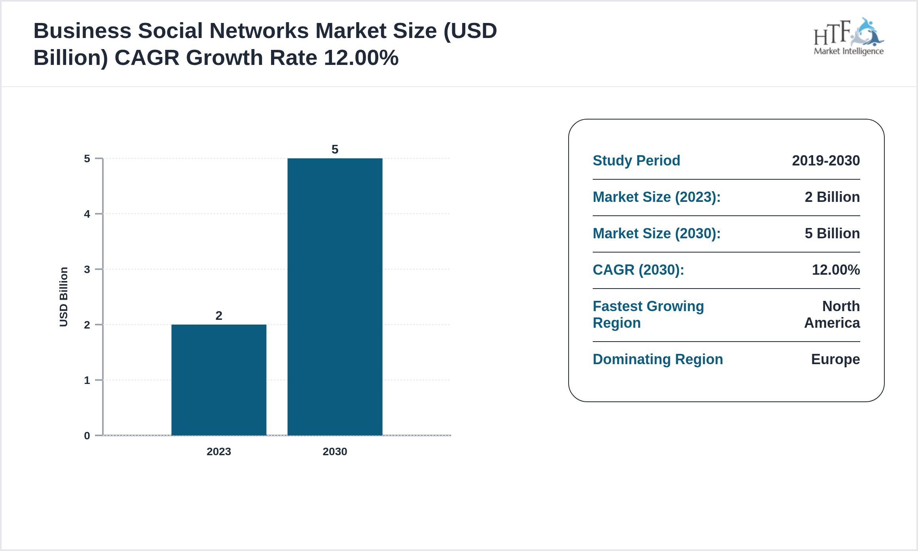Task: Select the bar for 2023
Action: click(218, 380)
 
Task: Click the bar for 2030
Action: click(335, 297)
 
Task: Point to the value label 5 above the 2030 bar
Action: click(335, 149)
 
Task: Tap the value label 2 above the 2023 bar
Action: click(219, 315)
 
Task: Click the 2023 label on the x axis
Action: click(218, 451)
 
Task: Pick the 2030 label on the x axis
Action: click(335, 451)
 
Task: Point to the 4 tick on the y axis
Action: click(87, 214)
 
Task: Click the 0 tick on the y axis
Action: click(87, 436)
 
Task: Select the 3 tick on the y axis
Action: click(87, 270)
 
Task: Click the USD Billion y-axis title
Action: click(64, 297)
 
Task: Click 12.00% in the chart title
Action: click(361, 58)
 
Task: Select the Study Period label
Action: click(636, 161)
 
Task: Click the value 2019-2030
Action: click(826, 161)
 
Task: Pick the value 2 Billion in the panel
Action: click(832, 197)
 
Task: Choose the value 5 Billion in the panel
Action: click(832, 234)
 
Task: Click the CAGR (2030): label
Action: click(638, 270)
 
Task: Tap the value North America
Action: click(832, 315)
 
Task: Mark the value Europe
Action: click(835, 359)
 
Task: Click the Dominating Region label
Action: click(658, 359)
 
